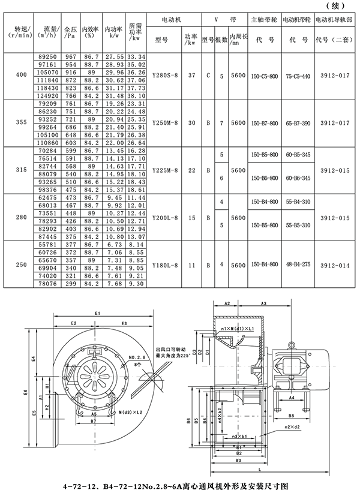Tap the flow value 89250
coord(49,56)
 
